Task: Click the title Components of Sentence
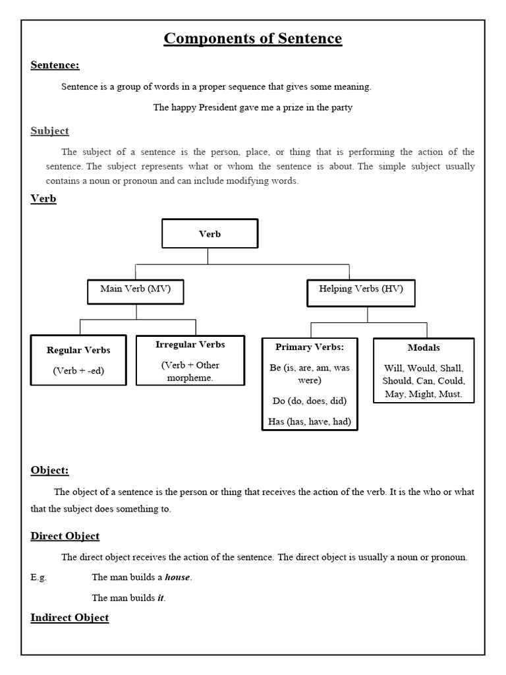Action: (x=253, y=39)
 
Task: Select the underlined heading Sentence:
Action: (x=55, y=65)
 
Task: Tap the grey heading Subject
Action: (x=49, y=131)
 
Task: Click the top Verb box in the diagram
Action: (x=210, y=234)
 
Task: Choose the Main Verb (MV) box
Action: (x=135, y=289)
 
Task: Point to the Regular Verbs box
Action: (x=78, y=361)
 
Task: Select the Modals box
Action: (x=424, y=370)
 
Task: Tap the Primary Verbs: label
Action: (x=310, y=347)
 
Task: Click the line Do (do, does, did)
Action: (x=309, y=400)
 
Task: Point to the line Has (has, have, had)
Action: (x=310, y=421)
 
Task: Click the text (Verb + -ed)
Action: (x=78, y=371)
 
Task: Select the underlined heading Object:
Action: (x=49, y=470)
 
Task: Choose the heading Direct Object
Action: (x=65, y=536)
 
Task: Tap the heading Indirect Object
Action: (x=70, y=617)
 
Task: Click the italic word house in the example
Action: (x=177, y=577)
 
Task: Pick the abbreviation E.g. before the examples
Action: (x=39, y=577)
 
